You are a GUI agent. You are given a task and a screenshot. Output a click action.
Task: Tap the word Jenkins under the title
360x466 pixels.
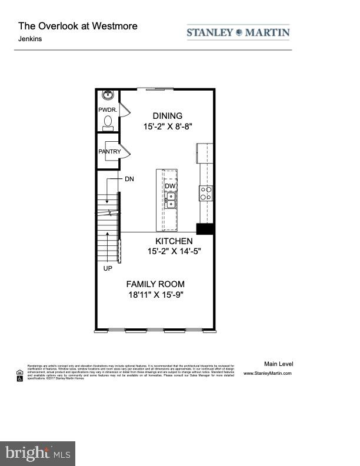(x=30, y=39)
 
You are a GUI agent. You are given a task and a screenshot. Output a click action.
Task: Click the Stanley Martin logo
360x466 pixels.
(x=238, y=32)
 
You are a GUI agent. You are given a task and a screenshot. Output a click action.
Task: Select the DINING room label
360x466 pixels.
(x=168, y=116)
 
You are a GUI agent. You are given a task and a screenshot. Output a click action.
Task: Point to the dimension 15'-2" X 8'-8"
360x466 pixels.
(x=168, y=127)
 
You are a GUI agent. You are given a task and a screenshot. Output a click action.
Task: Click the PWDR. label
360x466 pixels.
(x=108, y=110)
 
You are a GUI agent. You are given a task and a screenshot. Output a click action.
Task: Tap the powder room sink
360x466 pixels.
(x=108, y=96)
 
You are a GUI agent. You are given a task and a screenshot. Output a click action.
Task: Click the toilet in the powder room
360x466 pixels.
(x=108, y=122)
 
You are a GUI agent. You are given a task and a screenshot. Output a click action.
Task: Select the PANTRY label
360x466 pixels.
(x=110, y=152)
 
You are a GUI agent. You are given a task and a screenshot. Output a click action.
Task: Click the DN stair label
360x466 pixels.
(x=129, y=179)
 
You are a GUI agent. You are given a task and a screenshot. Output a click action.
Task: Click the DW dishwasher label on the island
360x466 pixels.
(x=169, y=187)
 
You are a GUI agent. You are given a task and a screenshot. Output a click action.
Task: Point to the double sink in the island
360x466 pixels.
(x=170, y=202)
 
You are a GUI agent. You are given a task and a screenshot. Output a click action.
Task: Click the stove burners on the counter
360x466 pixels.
(x=206, y=193)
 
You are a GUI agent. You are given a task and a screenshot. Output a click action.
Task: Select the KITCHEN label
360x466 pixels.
(x=174, y=241)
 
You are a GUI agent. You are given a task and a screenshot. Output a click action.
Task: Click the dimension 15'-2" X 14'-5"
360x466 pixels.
(x=174, y=252)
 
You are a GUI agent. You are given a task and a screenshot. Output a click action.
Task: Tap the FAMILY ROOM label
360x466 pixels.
(x=156, y=284)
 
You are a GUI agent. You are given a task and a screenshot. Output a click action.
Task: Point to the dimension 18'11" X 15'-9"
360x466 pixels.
(x=156, y=295)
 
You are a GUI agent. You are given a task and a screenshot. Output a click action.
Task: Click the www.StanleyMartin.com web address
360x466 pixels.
(x=267, y=373)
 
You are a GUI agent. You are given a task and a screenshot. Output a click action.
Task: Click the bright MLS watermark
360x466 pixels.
(x=38, y=453)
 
